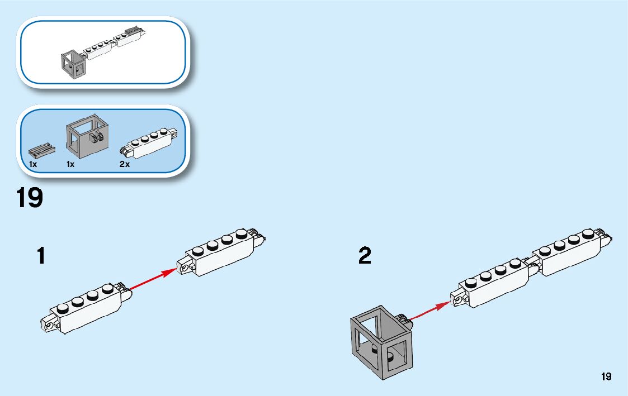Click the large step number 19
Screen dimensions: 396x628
pos(30,198)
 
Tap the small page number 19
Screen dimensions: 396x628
pos(606,376)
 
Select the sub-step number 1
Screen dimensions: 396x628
pos(40,256)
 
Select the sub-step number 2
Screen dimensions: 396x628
pos(365,256)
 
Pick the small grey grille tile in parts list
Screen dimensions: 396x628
pos(42,150)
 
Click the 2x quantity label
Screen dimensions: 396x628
pos(124,164)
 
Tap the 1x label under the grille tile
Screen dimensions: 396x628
pos(33,164)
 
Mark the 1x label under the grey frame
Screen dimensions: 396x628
pos(70,164)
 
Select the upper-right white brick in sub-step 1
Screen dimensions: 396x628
pos(221,251)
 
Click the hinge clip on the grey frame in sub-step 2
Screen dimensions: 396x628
pos(402,320)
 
